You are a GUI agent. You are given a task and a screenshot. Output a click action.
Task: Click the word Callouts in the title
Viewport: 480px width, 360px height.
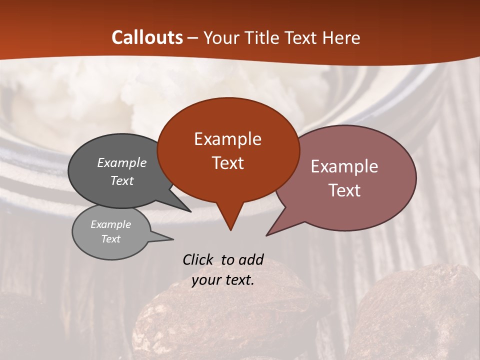point(147,37)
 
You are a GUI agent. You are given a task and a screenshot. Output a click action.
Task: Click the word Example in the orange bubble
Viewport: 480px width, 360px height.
point(227,139)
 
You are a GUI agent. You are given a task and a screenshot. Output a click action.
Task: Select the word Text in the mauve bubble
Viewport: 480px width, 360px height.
point(345,190)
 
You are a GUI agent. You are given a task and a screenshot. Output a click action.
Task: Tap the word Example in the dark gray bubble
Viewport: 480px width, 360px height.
point(122,163)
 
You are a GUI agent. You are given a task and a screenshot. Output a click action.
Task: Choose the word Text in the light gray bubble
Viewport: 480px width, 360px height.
point(111,239)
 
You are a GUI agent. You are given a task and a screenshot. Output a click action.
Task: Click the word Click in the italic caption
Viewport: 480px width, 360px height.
point(198,260)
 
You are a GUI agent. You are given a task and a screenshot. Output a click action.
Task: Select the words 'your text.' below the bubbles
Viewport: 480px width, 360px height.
point(223,280)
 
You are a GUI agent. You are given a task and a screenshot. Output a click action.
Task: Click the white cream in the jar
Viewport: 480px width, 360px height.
point(90,100)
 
